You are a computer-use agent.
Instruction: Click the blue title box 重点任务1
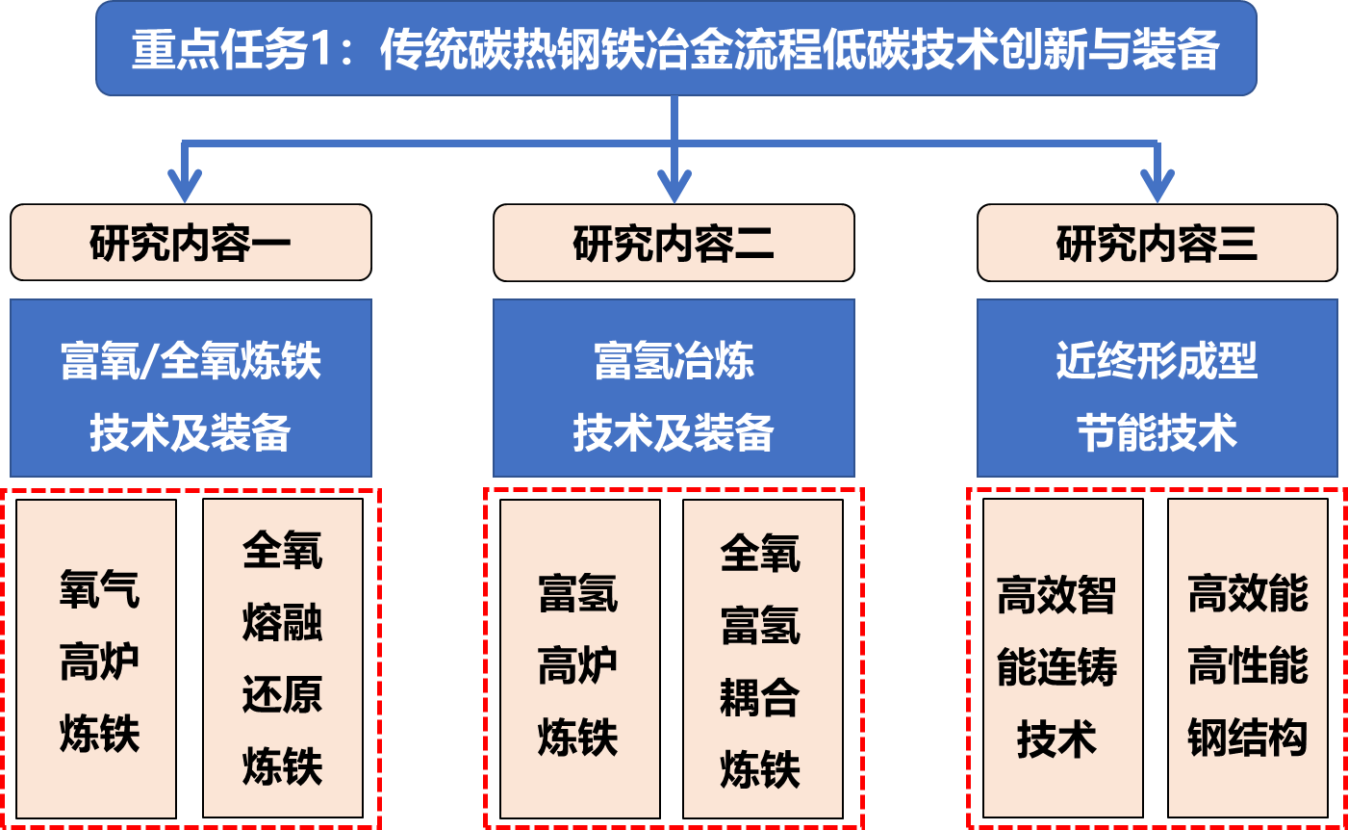[675, 48]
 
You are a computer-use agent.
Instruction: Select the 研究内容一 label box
[191, 243]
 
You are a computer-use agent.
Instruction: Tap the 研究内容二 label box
[674, 243]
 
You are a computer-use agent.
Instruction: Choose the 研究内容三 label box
[1157, 243]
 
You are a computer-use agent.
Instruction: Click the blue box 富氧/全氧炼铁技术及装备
[191, 388]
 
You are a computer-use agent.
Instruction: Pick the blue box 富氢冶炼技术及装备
[674, 388]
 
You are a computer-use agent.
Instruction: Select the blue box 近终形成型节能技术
[1157, 388]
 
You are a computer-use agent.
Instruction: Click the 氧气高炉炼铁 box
[97, 660]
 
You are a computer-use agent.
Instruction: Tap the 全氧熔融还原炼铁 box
[282, 660]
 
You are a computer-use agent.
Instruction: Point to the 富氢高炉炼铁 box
[579, 660]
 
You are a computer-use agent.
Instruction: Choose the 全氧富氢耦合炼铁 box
[761, 660]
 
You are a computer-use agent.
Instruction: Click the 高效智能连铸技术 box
[1061, 660]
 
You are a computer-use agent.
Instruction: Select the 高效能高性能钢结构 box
[1247, 660]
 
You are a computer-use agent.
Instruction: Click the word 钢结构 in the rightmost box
[1247, 738]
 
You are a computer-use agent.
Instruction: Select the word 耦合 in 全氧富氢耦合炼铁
[760, 698]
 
